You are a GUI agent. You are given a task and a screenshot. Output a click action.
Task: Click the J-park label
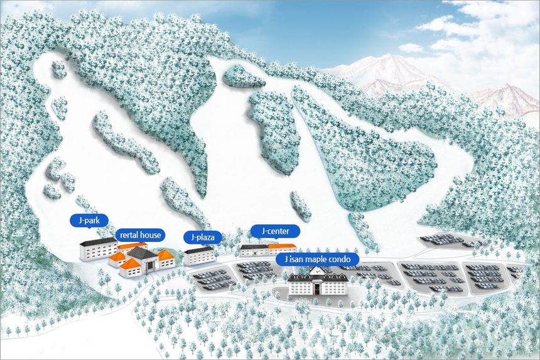[89, 221]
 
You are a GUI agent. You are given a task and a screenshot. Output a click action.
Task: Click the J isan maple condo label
[317, 259]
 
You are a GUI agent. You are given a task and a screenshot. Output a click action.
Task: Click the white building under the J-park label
[97, 250]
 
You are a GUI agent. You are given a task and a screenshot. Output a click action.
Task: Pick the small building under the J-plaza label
[199, 256]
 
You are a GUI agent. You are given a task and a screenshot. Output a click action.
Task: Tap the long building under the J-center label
[267, 250]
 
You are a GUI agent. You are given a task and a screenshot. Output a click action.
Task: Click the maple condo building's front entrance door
[318, 289]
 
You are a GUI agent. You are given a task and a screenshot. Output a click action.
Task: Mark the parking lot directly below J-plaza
[210, 280]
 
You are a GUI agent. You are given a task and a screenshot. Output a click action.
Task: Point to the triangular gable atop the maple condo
[318, 272]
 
